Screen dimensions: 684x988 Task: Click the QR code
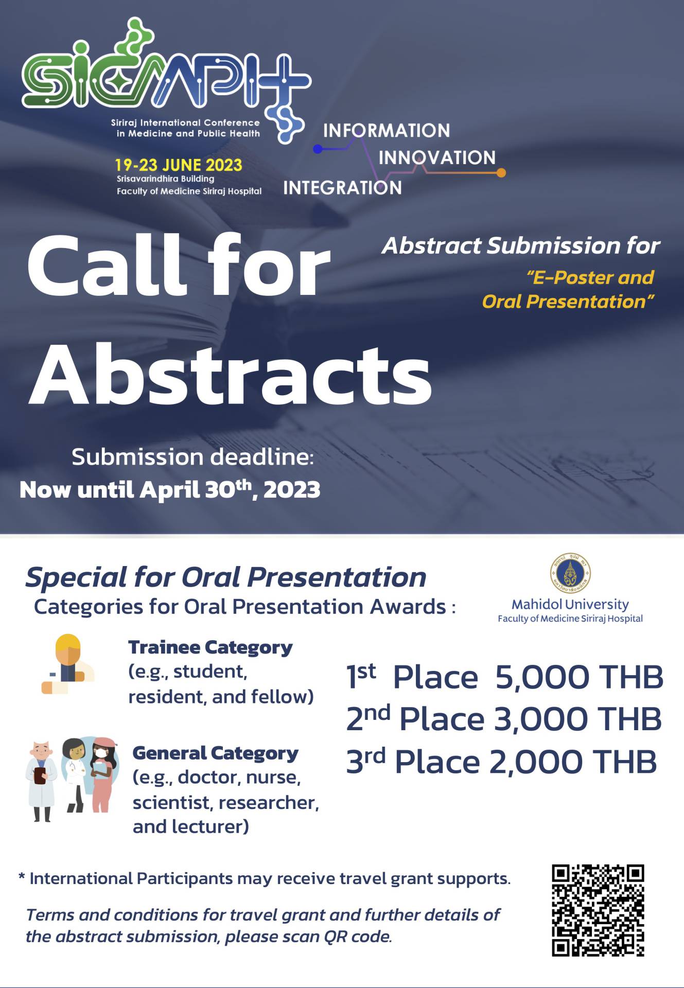598,910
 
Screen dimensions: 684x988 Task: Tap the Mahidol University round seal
570,574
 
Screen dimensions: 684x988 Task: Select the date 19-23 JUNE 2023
178,165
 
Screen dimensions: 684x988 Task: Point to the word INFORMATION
387,131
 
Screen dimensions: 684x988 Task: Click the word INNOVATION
437,157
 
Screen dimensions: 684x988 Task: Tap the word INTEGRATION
342,188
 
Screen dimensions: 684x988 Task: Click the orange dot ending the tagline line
501,173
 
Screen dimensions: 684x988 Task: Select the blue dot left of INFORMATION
318,149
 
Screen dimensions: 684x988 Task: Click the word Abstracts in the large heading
230,375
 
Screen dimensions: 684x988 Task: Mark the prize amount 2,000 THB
573,762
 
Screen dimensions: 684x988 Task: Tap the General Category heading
216,754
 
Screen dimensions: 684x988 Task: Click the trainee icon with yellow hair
68,664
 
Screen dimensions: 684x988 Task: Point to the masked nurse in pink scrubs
103,774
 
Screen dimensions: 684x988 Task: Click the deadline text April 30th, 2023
230,489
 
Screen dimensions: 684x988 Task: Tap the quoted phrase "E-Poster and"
590,278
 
